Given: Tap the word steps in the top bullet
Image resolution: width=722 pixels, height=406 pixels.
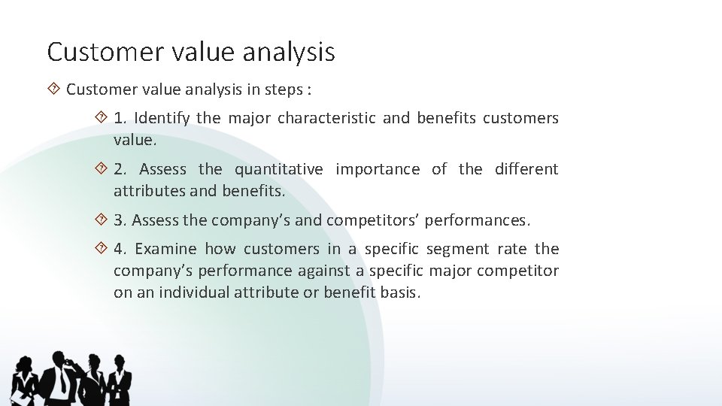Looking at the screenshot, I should coord(283,89).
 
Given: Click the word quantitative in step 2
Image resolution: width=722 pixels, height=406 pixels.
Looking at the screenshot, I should coord(278,169).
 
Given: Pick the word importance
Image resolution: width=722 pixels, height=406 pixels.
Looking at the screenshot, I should coord(378,169).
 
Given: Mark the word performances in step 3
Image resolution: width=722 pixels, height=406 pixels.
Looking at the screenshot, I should coord(478,220).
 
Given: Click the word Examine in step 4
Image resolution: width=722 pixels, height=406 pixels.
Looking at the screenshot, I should coord(165,249).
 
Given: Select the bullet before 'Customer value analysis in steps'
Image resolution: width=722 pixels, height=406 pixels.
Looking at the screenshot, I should coord(53,89).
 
